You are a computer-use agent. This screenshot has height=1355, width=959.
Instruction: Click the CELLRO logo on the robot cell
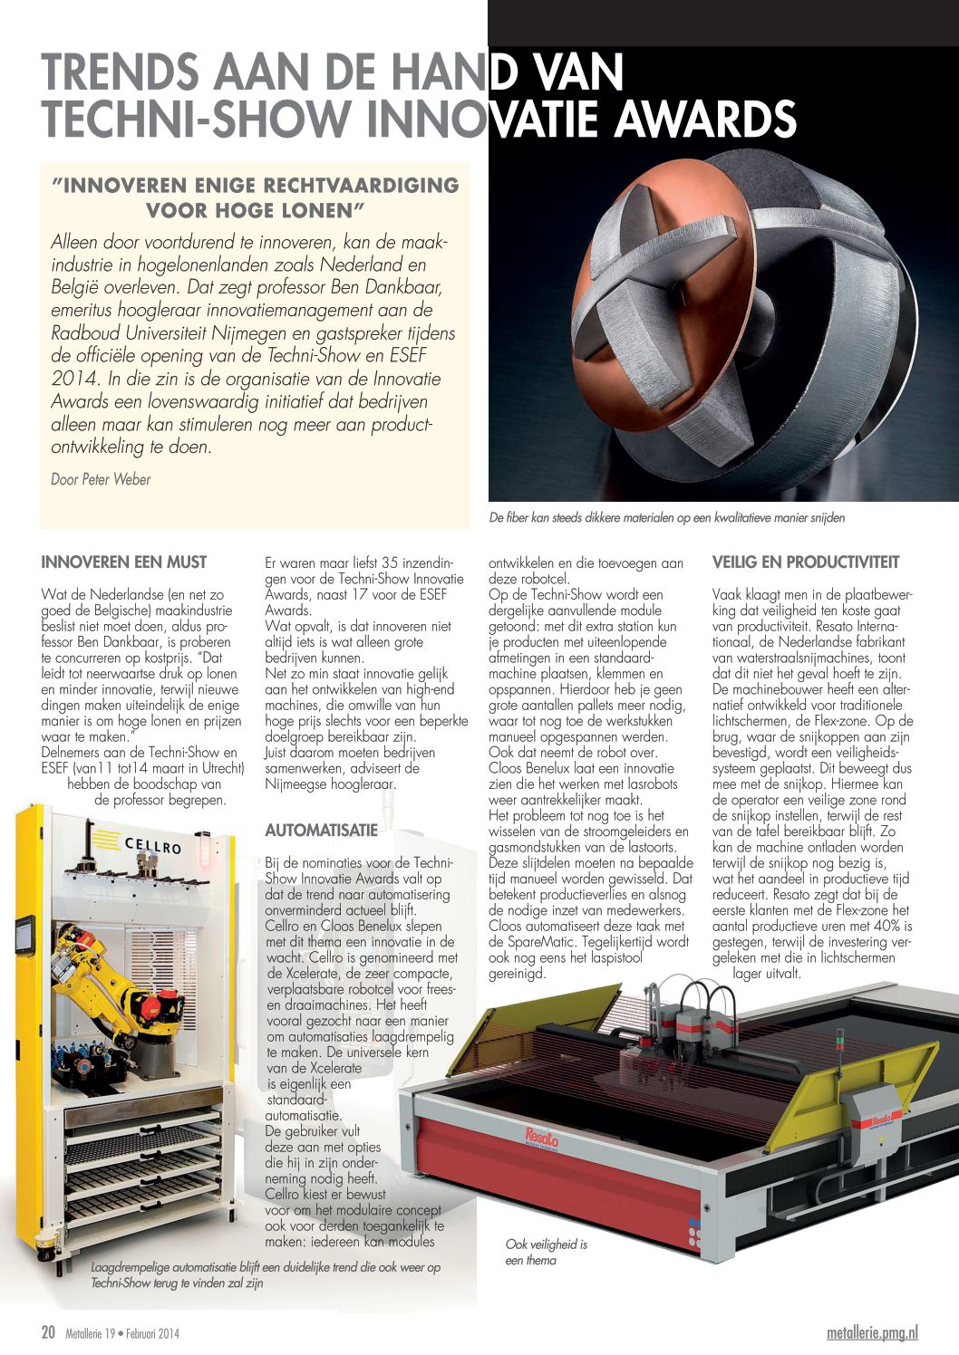(152, 846)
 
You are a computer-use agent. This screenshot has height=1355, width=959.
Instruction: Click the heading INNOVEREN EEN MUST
(124, 562)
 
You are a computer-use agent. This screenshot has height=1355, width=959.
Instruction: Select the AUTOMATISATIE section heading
(321, 830)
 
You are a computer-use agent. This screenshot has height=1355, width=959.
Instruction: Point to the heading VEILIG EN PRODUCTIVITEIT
(806, 562)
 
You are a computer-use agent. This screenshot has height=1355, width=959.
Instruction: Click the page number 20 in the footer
(49, 1331)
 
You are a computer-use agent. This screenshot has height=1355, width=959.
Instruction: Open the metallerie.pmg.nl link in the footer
(872, 1331)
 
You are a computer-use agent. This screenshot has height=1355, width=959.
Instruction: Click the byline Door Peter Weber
(101, 479)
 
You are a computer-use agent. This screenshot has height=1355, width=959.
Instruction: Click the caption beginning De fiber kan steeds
(666, 518)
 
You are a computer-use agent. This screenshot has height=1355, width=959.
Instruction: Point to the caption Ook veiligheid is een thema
(546, 1252)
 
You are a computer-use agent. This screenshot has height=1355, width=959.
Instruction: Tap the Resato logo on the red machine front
(541, 1138)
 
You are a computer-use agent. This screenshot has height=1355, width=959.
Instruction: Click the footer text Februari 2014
(152, 1332)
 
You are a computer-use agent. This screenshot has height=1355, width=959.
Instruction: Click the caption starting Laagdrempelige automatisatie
(266, 1274)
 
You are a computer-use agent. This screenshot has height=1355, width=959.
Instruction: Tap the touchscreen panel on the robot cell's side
(25, 934)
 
